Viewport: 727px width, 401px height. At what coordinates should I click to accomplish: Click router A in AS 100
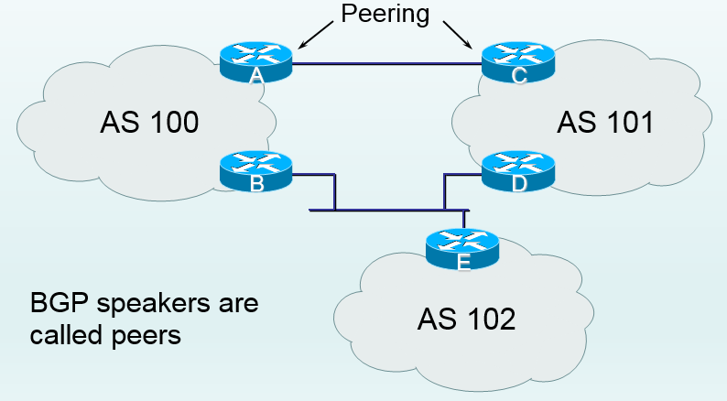[256, 62]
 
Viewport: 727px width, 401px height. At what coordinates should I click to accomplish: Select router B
[256, 170]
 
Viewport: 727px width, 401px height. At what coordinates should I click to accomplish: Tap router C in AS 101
[518, 62]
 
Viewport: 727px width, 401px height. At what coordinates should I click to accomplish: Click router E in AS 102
[463, 248]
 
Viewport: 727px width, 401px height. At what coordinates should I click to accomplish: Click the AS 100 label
[149, 122]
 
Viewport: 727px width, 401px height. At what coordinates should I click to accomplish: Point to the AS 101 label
[605, 122]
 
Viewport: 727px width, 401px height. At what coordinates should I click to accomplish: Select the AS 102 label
[467, 319]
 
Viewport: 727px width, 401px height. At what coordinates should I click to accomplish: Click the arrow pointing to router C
[457, 36]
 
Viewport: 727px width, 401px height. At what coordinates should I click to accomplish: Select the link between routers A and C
[387, 63]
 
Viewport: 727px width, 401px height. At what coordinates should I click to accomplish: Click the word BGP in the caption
[58, 304]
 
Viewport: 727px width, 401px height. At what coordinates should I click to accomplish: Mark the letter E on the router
[463, 264]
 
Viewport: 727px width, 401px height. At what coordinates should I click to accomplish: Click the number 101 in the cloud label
[627, 122]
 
